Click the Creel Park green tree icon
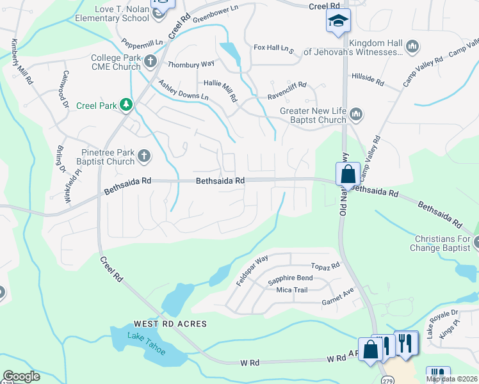pyautogui.click(x=127, y=105)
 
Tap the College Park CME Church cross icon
pyautogui.click(x=150, y=61)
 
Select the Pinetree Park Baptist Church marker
pyautogui.click(x=145, y=156)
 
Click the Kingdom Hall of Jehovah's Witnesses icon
pyautogui.click(x=412, y=46)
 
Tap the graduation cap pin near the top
pyautogui.click(x=337, y=21)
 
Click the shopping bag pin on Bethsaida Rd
pyautogui.click(x=347, y=173)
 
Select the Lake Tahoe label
pyautogui.click(x=146, y=344)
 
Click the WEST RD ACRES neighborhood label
pyautogui.click(x=170, y=324)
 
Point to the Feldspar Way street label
pyautogui.click(x=252, y=271)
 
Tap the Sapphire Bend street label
pyautogui.click(x=290, y=279)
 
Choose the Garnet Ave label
pyautogui.click(x=337, y=296)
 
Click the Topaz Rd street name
pyautogui.click(x=325, y=266)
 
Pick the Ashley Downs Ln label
pyautogui.click(x=183, y=90)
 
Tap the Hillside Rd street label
pyautogui.click(x=368, y=79)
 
